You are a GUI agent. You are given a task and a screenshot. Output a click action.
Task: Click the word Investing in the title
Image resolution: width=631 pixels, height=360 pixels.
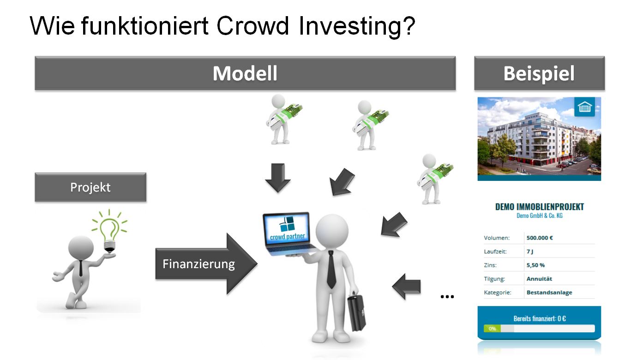pos(357,26)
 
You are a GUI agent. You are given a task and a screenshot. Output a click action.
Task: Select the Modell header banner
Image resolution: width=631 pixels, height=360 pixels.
pos(245,73)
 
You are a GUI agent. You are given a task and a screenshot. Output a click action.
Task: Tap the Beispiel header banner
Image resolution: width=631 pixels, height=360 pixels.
pos(539,73)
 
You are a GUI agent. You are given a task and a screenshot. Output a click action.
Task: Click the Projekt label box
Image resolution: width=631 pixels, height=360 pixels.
pos(90,187)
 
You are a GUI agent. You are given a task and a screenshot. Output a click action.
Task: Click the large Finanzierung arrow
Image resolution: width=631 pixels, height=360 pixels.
pos(206,264)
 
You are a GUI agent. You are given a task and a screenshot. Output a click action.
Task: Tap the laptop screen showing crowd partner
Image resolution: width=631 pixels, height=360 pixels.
pos(287,229)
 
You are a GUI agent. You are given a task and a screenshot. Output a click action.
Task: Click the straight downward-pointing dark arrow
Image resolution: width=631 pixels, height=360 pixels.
pos(278,178)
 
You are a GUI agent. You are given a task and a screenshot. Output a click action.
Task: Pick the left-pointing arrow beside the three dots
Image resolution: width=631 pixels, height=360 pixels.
pos(406,287)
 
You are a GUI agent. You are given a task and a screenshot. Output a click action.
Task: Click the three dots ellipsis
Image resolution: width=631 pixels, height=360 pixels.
pos(447,297)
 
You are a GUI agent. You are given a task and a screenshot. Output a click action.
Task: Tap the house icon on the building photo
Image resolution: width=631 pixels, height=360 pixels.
pos(584,107)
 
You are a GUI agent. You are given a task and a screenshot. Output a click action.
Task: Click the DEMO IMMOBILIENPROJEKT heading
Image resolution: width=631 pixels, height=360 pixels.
pos(540,207)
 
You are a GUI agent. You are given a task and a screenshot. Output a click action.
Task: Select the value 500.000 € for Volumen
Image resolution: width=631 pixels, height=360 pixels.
pos(540,238)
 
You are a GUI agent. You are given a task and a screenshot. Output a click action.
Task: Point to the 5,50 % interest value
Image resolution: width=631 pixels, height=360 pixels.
pos(535,265)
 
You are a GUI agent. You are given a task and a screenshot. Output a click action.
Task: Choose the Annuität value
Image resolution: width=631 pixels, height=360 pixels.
pos(539,279)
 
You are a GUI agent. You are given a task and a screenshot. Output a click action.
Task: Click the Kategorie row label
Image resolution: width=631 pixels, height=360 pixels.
pos(498,293)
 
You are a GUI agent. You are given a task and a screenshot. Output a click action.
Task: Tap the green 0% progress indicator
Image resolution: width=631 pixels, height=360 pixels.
pos(492,329)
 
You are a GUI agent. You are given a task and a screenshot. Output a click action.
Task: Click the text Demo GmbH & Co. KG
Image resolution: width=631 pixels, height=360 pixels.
pos(540,216)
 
